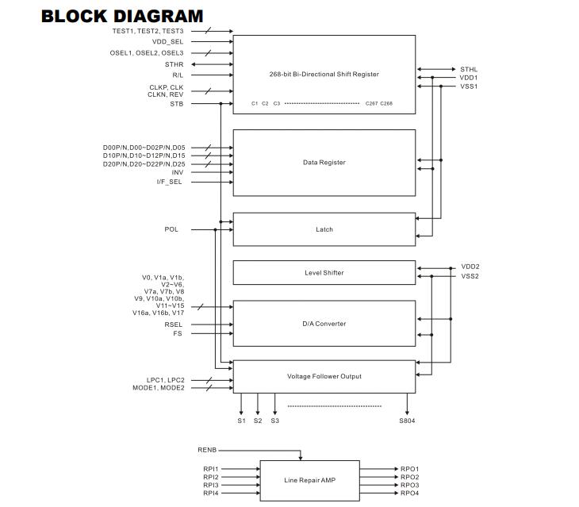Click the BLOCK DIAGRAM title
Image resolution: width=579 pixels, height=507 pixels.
coord(122,16)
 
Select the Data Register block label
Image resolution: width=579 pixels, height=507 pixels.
coord(324,163)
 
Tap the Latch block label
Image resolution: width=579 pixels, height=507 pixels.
coord(324,229)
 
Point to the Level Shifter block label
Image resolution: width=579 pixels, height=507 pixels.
coord(324,273)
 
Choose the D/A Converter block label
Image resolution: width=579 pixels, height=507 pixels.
coord(324,324)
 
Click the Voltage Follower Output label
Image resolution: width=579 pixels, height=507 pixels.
coord(324,376)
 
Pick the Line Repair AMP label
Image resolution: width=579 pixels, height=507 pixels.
coord(310,480)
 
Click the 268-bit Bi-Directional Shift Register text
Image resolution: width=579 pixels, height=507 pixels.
coord(324,75)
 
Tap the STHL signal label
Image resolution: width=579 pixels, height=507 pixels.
coord(469,69)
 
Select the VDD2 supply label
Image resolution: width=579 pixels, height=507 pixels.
coord(470,267)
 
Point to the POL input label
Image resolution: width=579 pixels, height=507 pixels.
coord(171,229)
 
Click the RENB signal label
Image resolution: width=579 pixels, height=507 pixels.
coord(207,450)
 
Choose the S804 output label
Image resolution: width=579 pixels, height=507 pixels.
coord(407,421)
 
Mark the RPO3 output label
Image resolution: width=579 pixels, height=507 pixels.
coord(410,486)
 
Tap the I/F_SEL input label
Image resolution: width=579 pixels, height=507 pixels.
coord(169,182)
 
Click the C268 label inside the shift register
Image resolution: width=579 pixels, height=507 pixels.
coord(386,103)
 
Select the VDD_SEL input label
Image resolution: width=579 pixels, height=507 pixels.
coord(167,42)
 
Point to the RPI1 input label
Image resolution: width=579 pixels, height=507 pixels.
coord(211,469)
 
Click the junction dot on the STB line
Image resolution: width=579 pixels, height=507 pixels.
coord(220,104)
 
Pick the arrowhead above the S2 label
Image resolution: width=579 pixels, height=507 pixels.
coord(258,412)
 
